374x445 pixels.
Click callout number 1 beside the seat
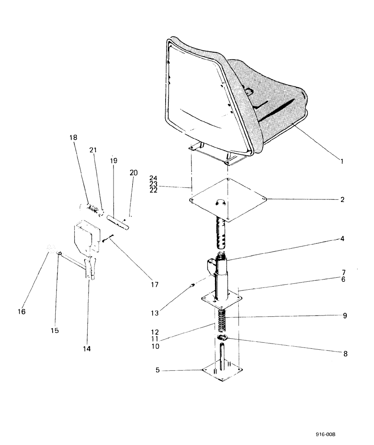click(342, 161)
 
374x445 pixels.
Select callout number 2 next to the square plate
click(342, 199)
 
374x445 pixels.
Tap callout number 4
click(342, 239)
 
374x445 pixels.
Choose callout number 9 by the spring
click(345, 316)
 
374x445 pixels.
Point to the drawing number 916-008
click(331, 435)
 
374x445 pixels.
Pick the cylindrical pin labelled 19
click(117, 221)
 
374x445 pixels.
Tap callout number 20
click(131, 172)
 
